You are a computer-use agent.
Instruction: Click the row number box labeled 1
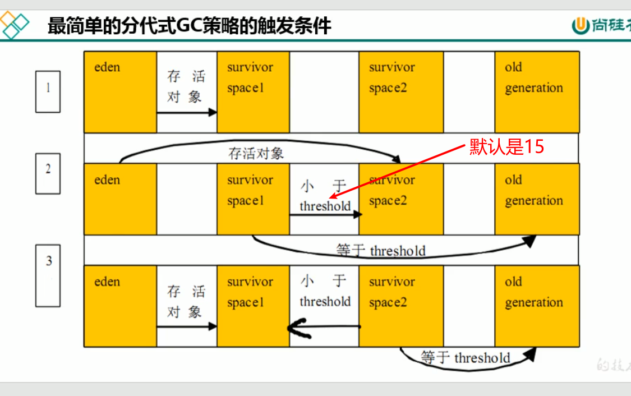48,91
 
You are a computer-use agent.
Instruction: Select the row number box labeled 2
48,173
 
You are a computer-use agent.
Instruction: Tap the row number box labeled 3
48,275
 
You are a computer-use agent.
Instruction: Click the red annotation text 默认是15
506,147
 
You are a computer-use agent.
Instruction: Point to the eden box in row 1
120,92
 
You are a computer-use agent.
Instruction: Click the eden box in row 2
120,199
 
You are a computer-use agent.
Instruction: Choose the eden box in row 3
120,306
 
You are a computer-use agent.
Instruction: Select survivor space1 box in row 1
253,92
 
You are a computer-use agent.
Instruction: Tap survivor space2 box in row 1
400,92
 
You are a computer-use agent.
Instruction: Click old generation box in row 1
537,92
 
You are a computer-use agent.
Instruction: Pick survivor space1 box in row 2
253,199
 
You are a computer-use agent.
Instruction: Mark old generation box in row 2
537,199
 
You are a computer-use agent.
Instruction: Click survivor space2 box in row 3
400,306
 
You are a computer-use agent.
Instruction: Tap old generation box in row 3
537,306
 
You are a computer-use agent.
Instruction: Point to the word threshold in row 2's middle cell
325,206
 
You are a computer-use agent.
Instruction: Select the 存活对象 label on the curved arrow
256,153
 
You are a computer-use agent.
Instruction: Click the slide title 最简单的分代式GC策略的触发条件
190,25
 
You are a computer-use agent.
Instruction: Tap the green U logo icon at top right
580,25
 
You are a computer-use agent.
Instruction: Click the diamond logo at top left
15,25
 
